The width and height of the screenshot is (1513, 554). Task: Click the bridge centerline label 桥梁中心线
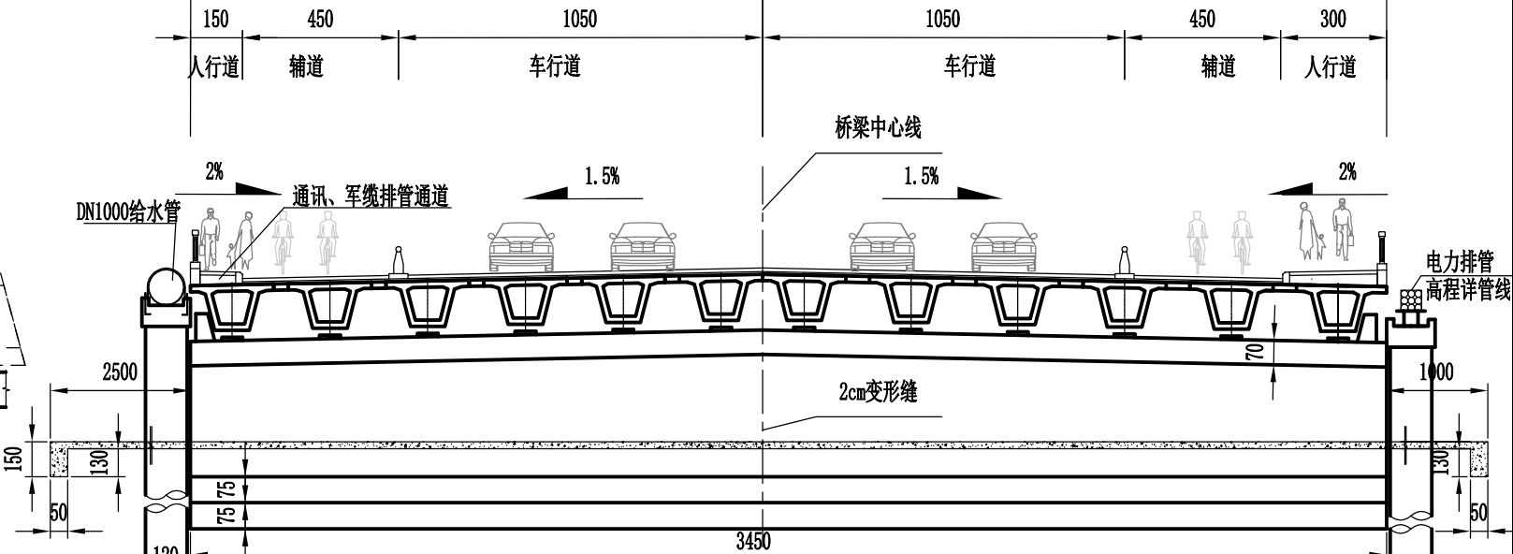tap(878, 128)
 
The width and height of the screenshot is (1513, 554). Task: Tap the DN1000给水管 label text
tap(127, 212)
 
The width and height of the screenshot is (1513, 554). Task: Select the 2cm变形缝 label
tap(877, 391)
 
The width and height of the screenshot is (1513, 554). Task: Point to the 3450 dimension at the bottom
tap(752, 542)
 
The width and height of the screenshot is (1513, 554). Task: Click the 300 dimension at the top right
tap(1332, 19)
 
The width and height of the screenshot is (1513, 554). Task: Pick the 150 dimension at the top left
tap(214, 19)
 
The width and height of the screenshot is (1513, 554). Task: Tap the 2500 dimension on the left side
tap(119, 372)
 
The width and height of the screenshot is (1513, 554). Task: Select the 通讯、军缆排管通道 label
tap(371, 197)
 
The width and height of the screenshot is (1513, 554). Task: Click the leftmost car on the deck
tap(520, 246)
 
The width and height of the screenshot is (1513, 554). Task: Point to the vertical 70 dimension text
tap(1256, 351)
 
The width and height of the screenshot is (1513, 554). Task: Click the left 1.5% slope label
tap(602, 176)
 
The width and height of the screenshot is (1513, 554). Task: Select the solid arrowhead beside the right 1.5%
tap(980, 193)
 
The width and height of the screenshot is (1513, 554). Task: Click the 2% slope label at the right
tap(1346, 171)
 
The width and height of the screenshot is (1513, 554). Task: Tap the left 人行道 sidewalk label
tap(214, 67)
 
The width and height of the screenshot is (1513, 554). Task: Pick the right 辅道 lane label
tap(1217, 67)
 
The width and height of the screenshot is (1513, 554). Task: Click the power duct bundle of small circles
tap(1410, 299)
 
